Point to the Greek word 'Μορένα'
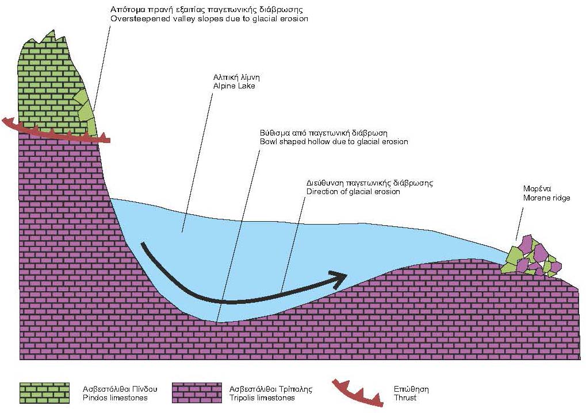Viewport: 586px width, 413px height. click(538, 188)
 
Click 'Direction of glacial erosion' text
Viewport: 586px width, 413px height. click(353, 191)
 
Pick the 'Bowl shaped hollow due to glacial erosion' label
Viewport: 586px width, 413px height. click(334, 141)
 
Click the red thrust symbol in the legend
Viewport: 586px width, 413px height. click(357, 392)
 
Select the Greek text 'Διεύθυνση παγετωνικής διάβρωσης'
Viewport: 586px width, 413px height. click(369, 183)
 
